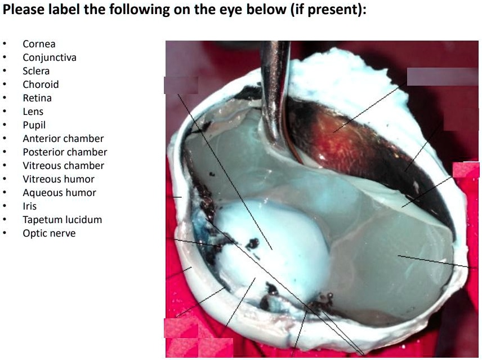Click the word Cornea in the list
(x=39, y=44)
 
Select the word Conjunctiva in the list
(x=50, y=57)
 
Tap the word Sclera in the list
(x=36, y=71)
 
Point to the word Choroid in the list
(x=41, y=85)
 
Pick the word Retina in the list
(x=37, y=98)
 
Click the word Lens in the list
(x=33, y=112)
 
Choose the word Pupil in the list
(x=34, y=125)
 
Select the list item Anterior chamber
(x=63, y=139)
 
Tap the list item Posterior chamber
(x=65, y=152)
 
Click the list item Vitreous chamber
(x=63, y=166)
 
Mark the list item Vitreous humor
(x=59, y=179)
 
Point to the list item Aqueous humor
(x=59, y=193)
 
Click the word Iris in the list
(x=29, y=206)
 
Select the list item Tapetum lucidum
(x=62, y=220)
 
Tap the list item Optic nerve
(x=49, y=233)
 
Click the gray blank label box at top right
(x=442, y=77)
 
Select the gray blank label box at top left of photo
(x=181, y=85)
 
